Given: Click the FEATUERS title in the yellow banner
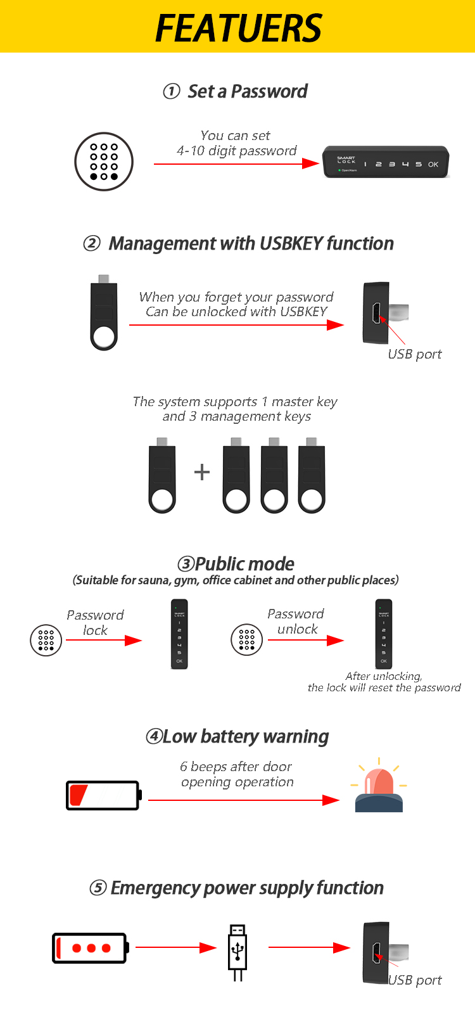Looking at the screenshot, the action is pyautogui.click(x=238, y=28).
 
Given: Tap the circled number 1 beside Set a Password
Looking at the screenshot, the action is pyautogui.click(x=172, y=91).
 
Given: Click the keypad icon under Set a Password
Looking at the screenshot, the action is pyautogui.click(x=104, y=162).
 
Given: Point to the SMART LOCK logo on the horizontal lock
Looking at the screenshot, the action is pyautogui.click(x=346, y=160).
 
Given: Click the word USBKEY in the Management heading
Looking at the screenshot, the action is pyautogui.click(x=291, y=243).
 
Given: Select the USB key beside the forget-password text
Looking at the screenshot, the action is pyautogui.click(x=104, y=312).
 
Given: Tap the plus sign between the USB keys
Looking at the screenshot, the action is pyautogui.click(x=202, y=472).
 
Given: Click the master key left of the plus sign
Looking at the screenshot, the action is pyautogui.click(x=162, y=475).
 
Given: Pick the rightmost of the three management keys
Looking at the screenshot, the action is pyautogui.click(x=312, y=475).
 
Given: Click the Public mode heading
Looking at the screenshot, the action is pyautogui.click(x=236, y=564).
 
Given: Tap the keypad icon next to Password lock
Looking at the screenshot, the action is pyautogui.click(x=46, y=641).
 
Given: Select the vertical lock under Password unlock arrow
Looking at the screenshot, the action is pyautogui.click(x=384, y=634).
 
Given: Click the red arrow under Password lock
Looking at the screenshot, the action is pyautogui.click(x=104, y=641).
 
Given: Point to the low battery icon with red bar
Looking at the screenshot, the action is pyautogui.click(x=104, y=795).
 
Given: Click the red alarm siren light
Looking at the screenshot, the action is pyautogui.click(x=379, y=785).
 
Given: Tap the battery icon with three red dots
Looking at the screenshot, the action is pyautogui.click(x=91, y=948).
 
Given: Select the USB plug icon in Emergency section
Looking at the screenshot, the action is pyautogui.click(x=237, y=952).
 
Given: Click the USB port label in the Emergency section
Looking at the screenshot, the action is pyautogui.click(x=415, y=980).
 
